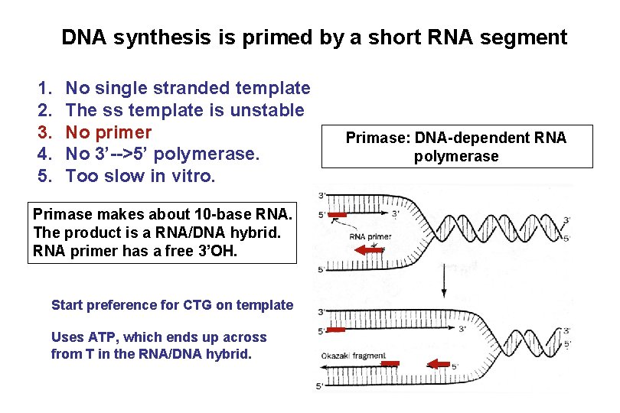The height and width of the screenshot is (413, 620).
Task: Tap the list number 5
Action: click(x=44, y=176)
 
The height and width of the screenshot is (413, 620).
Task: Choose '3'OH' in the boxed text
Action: click(x=217, y=250)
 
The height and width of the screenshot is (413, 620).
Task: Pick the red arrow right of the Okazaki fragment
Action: click(x=438, y=363)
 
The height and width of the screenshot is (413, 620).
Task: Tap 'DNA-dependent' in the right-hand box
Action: click(x=472, y=138)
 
